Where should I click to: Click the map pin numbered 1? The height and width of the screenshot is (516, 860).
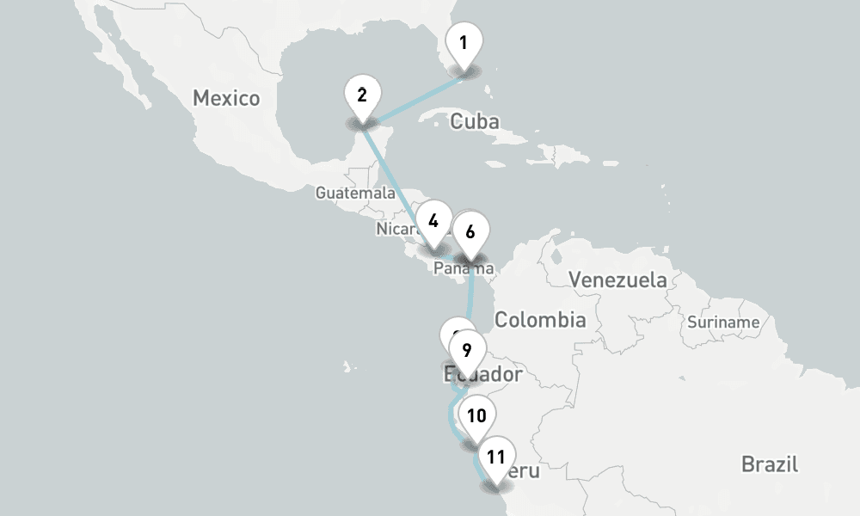click(x=464, y=44)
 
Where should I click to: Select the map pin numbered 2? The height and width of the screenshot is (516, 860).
click(x=362, y=95)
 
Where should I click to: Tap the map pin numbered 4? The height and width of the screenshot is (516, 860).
click(x=433, y=222)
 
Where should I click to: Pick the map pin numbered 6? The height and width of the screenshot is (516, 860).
click(x=470, y=232)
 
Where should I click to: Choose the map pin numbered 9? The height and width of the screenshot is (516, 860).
click(x=466, y=351)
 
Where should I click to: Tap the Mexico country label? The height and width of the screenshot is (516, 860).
click(x=226, y=98)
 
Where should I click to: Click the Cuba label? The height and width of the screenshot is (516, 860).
click(x=475, y=122)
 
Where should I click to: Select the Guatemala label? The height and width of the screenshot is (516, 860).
click(x=354, y=193)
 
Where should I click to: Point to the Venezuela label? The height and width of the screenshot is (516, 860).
click(x=617, y=279)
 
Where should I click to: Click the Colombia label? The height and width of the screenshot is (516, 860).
click(x=540, y=321)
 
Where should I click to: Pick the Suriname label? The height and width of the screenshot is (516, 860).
click(x=723, y=322)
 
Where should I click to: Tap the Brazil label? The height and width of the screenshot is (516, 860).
click(x=770, y=464)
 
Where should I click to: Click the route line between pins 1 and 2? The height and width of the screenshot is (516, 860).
click(x=413, y=100)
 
